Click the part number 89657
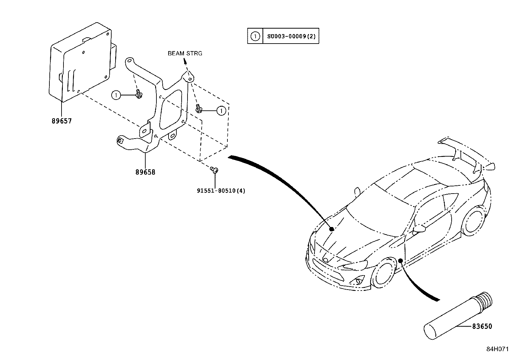[x=62, y=121]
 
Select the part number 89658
[x=145, y=172]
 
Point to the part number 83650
[x=482, y=326]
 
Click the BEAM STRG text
[x=185, y=53]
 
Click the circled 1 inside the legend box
[x=255, y=36]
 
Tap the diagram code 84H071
[x=497, y=349]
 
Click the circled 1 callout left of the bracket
[x=116, y=95]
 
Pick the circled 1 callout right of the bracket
[x=222, y=111]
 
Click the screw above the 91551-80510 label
[x=215, y=170]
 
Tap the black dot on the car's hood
[x=332, y=229]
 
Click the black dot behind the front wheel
[x=400, y=252]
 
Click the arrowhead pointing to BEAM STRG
[x=185, y=61]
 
